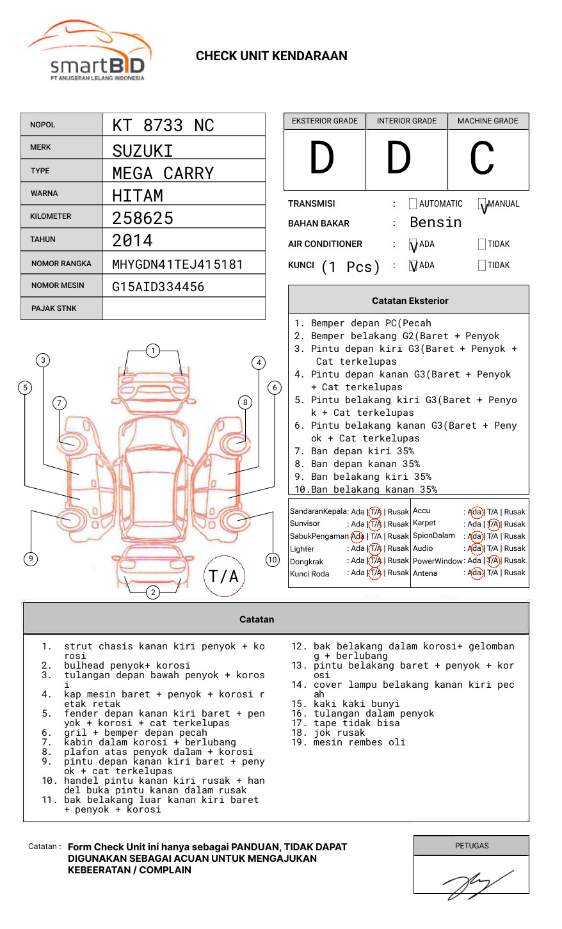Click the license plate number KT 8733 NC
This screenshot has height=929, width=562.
(x=163, y=125)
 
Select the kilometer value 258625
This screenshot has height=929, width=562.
(x=143, y=218)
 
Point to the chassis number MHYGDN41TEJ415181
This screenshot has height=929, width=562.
(x=177, y=264)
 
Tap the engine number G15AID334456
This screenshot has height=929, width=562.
(x=158, y=287)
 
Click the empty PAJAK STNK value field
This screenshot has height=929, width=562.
(x=184, y=308)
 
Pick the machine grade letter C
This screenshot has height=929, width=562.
(x=481, y=158)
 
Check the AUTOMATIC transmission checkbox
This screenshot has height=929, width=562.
(x=413, y=204)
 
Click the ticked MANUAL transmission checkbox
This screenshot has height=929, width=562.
(x=482, y=204)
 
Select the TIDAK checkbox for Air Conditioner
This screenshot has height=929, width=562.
(x=482, y=244)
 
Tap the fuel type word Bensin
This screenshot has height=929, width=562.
(x=435, y=223)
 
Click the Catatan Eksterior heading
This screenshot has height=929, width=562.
(x=410, y=301)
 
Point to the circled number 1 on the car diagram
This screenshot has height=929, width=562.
(x=152, y=351)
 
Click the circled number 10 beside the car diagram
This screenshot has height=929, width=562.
(x=273, y=560)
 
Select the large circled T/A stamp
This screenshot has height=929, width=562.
(x=224, y=576)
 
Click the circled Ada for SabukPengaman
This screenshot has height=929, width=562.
(x=357, y=536)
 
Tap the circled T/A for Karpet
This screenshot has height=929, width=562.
(x=493, y=524)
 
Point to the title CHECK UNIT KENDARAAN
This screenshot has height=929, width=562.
(x=271, y=56)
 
